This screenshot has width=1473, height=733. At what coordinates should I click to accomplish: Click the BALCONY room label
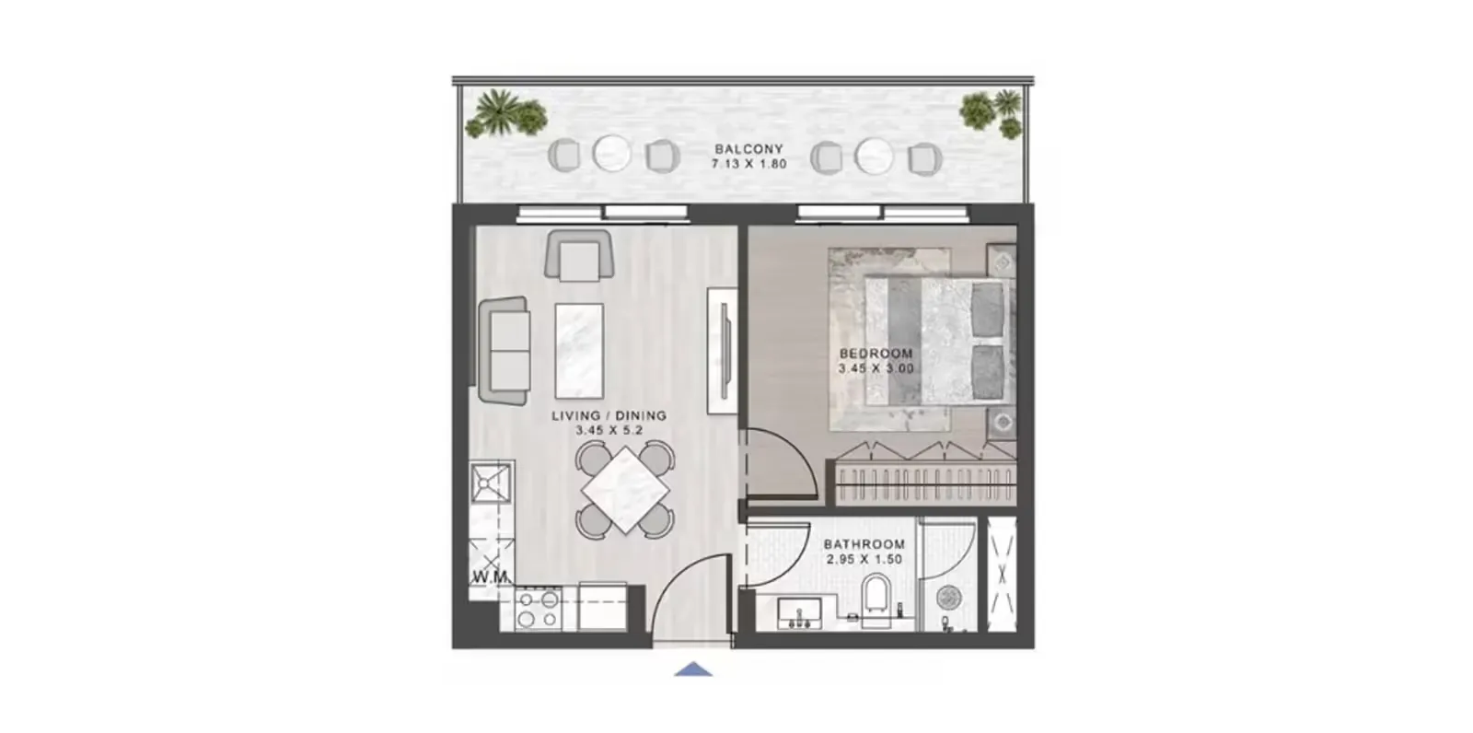748,148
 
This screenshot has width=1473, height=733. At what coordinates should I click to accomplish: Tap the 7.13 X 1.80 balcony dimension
748,164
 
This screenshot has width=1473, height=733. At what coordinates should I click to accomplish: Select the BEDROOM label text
876,353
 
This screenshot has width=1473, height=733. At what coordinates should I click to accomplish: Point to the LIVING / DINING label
609,415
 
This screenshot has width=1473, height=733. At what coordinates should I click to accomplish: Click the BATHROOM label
864,544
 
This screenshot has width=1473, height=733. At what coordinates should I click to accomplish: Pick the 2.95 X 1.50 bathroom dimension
864,559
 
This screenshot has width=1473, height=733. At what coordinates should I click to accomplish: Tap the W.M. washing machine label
490,577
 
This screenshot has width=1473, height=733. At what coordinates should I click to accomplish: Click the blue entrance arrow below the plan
692,669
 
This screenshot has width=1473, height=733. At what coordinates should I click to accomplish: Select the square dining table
625,489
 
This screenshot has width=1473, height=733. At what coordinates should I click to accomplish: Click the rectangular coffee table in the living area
579,351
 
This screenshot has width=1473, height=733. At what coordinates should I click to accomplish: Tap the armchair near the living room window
579,255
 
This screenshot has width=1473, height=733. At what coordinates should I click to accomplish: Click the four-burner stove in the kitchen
539,609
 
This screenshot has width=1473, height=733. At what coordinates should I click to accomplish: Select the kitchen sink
490,482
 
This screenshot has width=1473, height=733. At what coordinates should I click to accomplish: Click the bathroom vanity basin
799,613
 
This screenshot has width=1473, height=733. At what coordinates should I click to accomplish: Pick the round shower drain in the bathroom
948,598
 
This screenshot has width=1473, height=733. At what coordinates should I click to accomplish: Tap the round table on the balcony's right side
874,157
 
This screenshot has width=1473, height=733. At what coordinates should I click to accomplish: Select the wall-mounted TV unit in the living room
723,351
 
